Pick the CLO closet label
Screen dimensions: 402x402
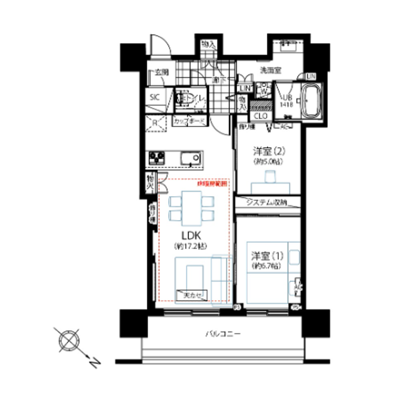pyautogui.click(x=261, y=116)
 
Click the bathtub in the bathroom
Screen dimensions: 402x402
pyautogui.click(x=313, y=102)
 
